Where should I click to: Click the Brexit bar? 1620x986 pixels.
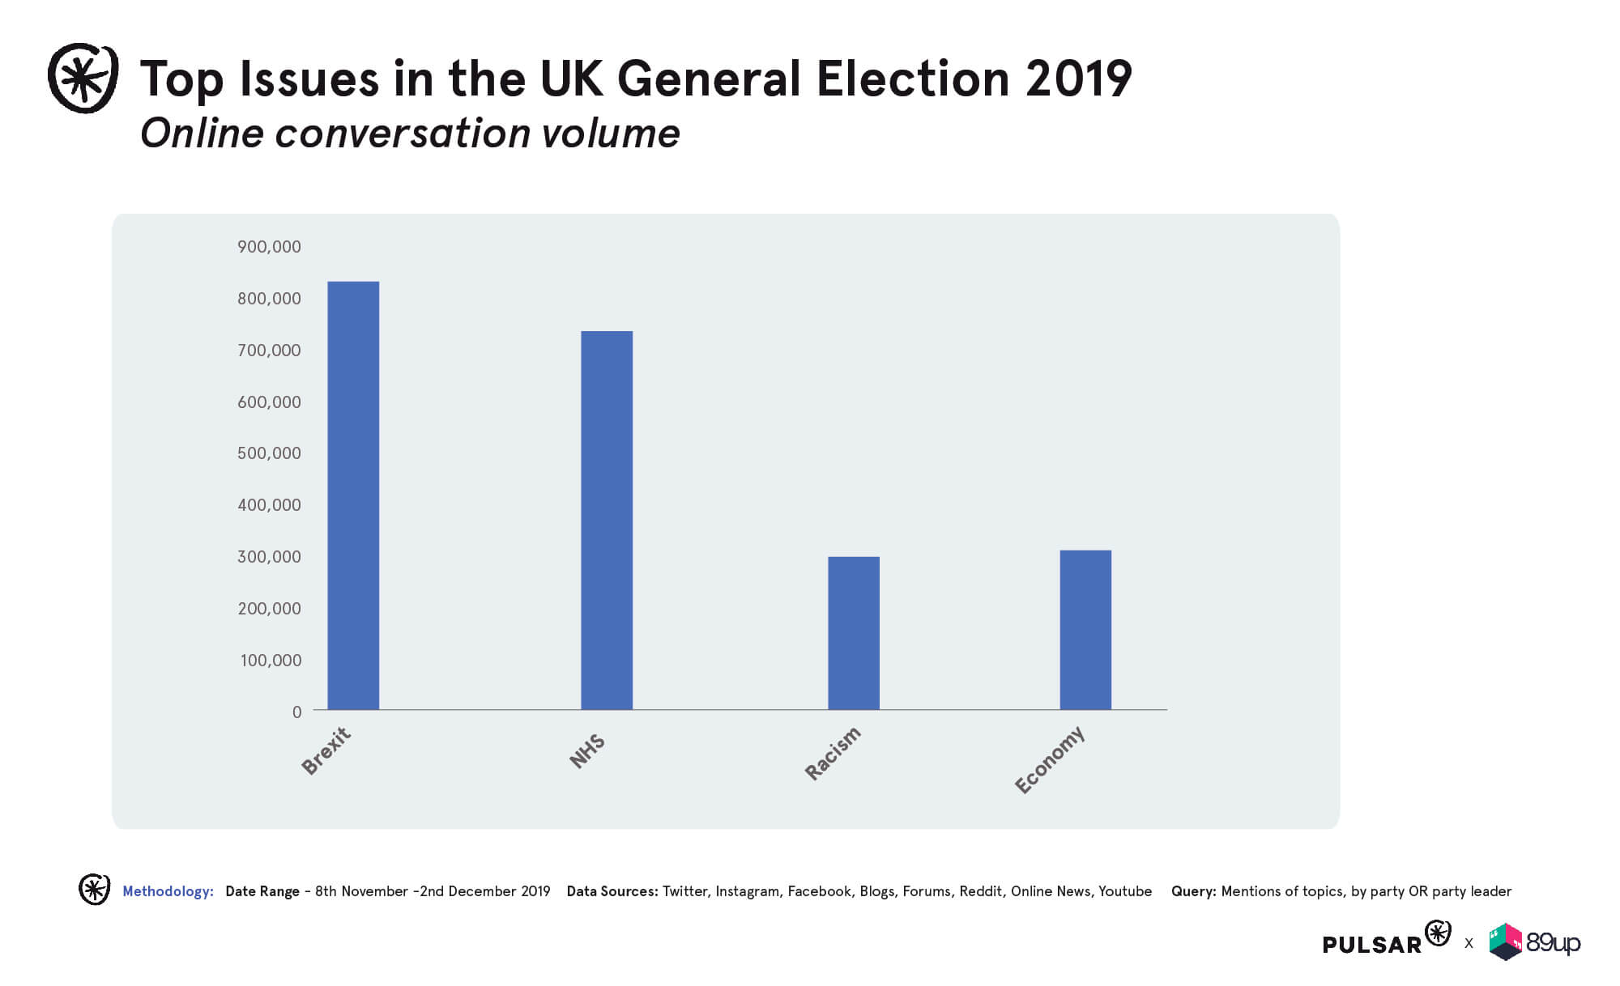click(353, 495)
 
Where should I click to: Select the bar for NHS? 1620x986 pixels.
click(607, 521)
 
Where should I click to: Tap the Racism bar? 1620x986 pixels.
click(854, 633)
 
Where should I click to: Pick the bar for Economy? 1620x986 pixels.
click(1085, 630)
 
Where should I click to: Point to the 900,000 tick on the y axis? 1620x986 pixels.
click(269, 247)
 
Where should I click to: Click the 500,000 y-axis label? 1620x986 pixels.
click(269, 453)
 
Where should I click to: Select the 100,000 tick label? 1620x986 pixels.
click(271, 661)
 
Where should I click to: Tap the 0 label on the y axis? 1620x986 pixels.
click(296, 712)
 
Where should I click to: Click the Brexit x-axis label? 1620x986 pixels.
click(326, 750)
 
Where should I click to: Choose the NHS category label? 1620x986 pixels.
click(587, 750)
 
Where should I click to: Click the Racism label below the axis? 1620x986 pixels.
click(833, 753)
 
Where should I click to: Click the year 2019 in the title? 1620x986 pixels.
click(1078, 79)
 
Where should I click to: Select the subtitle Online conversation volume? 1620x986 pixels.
click(410, 134)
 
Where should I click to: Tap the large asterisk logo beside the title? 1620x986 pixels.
click(83, 78)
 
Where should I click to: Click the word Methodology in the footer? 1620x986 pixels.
click(168, 891)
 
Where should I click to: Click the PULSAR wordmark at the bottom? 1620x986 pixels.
click(1372, 945)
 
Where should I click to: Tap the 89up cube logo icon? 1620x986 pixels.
click(1506, 941)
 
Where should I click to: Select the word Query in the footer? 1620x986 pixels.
click(1193, 891)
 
